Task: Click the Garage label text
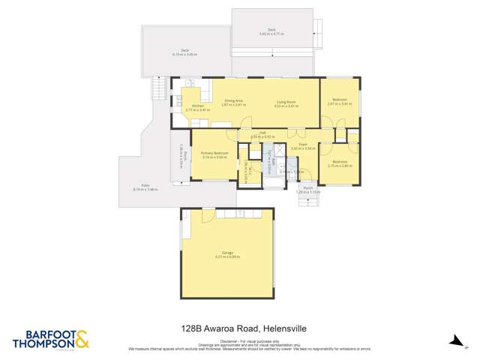(x=226, y=253)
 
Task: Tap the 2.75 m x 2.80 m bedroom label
(x=340, y=163)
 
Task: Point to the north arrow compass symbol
(x=454, y=340)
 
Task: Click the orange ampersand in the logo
(x=82, y=338)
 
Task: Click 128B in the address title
(x=192, y=328)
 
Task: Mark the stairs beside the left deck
(x=158, y=88)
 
